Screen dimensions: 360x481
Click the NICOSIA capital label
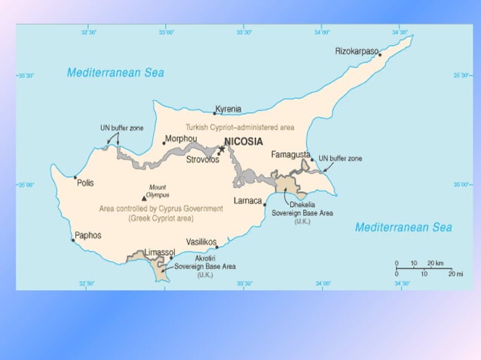(246, 142)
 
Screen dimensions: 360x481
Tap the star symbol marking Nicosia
(222, 149)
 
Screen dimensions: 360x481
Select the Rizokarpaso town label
(356, 52)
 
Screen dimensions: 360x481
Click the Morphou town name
(183, 139)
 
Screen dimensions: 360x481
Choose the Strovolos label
(203, 159)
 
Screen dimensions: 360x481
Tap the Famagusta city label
(290, 154)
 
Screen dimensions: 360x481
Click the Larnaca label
(247, 201)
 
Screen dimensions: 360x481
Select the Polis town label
(85, 182)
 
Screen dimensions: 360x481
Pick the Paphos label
(87, 236)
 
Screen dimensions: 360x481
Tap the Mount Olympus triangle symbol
(144, 199)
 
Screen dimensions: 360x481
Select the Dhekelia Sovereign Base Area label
(302, 212)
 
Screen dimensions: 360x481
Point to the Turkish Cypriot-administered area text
(240, 127)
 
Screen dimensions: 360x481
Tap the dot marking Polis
(75, 178)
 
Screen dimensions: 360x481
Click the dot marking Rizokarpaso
(380, 55)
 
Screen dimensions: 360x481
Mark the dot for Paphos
(73, 240)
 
